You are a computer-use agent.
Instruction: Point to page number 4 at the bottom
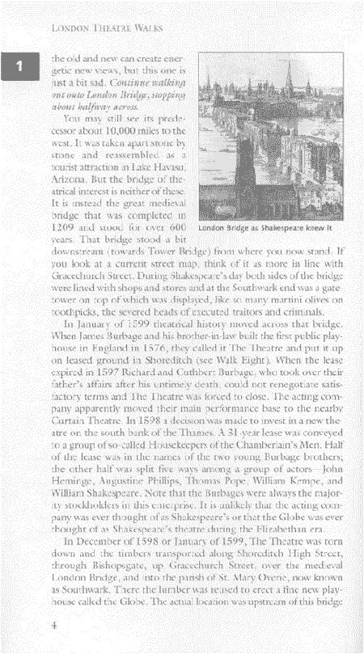[53, 626]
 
